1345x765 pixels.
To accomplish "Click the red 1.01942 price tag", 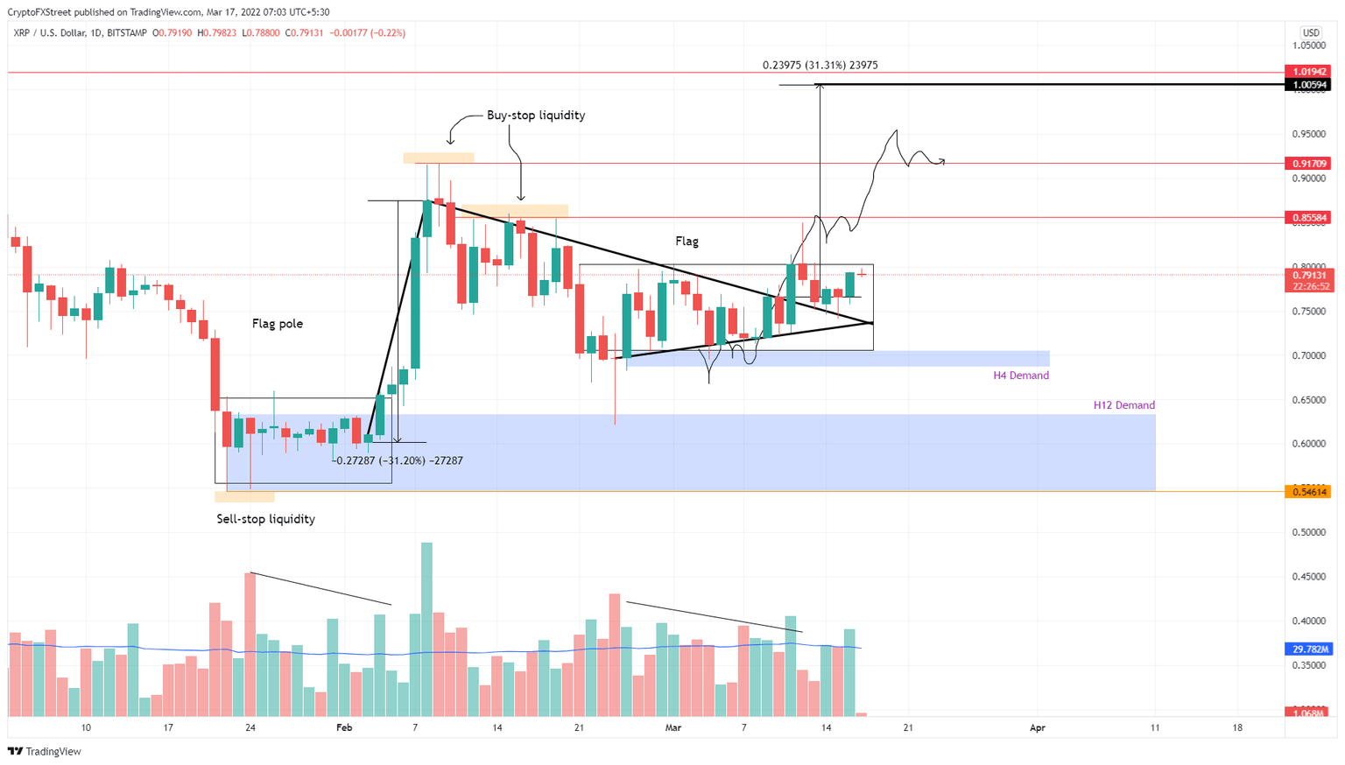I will (x=1307, y=72).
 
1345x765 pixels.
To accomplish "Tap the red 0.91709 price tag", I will (x=1307, y=164).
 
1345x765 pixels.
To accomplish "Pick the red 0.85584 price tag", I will (x=1307, y=217).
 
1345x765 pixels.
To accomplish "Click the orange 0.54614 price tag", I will (x=1307, y=492).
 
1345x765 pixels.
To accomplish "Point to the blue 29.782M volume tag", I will (x=1307, y=649).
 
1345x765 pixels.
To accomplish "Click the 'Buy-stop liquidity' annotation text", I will (x=535, y=116).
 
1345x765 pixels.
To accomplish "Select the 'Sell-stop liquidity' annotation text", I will (x=265, y=519).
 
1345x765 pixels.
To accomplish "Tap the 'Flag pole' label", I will (x=277, y=324).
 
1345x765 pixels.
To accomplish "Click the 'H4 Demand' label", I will (x=1020, y=375).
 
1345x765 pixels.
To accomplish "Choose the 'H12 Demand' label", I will (x=1123, y=405).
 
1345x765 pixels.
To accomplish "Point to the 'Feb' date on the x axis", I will (x=344, y=728).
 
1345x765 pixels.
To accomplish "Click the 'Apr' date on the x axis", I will (x=1038, y=728).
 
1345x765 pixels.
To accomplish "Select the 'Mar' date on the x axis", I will (x=672, y=728).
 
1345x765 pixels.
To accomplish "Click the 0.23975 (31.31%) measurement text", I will (x=820, y=66).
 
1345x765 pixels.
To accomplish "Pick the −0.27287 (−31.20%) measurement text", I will (x=399, y=460).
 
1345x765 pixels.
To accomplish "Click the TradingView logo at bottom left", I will (x=45, y=752).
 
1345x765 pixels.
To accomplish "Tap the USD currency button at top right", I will (x=1310, y=33).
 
